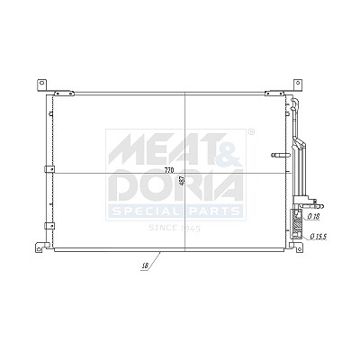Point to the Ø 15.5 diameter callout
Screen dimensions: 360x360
click(x=319, y=237)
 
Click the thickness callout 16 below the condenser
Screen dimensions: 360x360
click(x=146, y=265)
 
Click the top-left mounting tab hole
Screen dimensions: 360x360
click(x=42, y=83)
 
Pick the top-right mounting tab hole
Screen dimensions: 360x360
click(x=298, y=83)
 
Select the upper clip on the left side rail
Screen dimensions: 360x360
click(x=49, y=169)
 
